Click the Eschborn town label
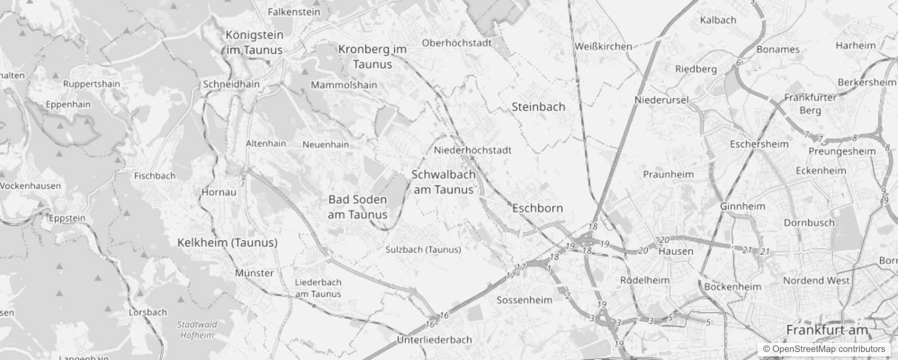pos(538,208)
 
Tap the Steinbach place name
pos(538,107)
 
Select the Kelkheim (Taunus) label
pos(227,243)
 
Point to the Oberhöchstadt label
pos(457,43)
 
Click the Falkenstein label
pos(294,12)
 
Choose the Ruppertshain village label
pos(91,84)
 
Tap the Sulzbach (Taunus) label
pos(423,250)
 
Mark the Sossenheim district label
pos(524,300)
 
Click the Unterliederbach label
pos(434,340)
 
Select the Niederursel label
pos(661,100)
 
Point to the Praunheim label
pos(668,175)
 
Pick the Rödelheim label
pos(645,280)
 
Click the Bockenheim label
pos(732,287)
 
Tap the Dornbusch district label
pos(809,223)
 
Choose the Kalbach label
pos(718,20)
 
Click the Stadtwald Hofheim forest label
pos(197,330)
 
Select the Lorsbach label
pos(148,312)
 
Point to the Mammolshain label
pos(344,85)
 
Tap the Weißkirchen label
pos(603,46)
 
